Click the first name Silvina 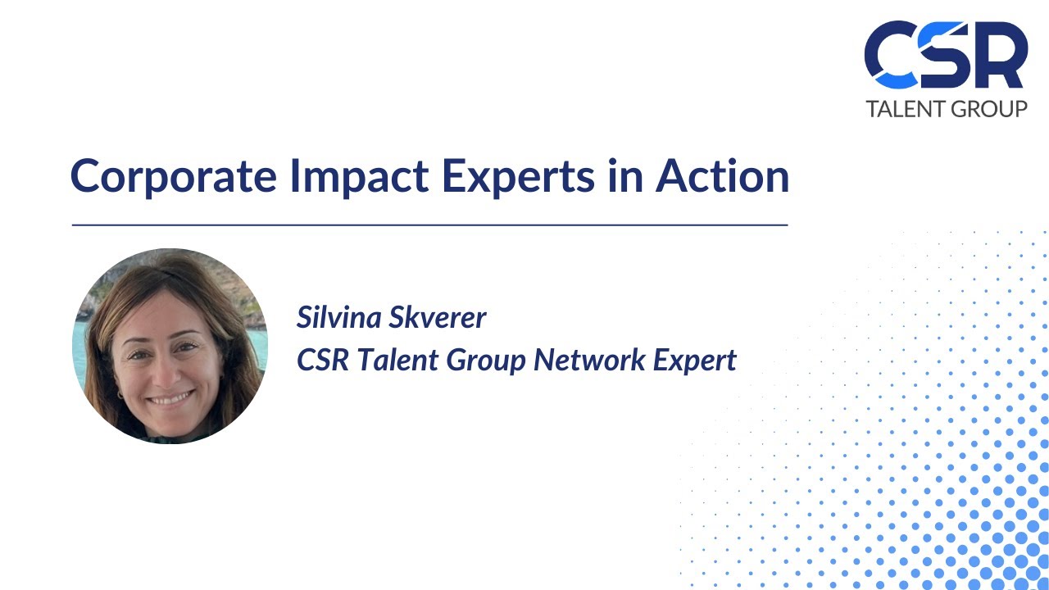[338, 317]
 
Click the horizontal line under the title [429, 224]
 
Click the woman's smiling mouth [170, 399]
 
